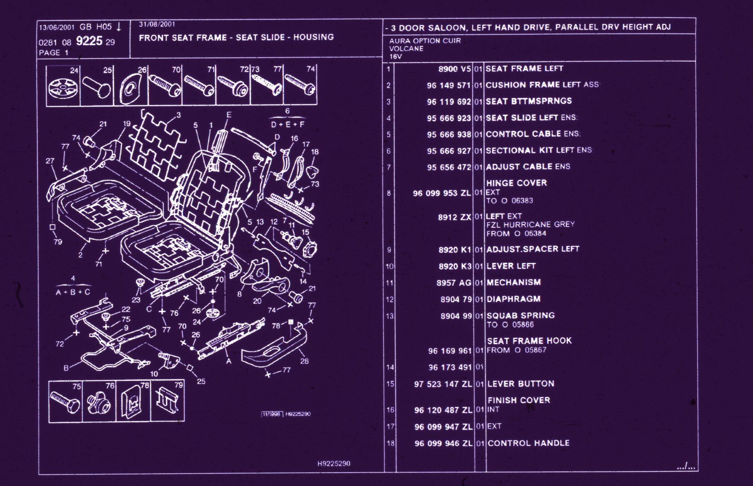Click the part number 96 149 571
click(x=448, y=85)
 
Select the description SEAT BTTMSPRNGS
click(x=528, y=101)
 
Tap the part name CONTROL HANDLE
click(x=528, y=443)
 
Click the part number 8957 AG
click(x=454, y=283)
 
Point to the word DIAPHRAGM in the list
click(x=513, y=299)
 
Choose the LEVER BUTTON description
click(x=520, y=384)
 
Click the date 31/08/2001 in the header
click(x=157, y=24)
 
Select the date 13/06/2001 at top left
click(x=57, y=28)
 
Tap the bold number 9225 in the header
click(x=89, y=41)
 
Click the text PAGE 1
click(x=53, y=53)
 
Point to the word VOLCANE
click(x=406, y=48)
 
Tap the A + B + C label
click(x=73, y=292)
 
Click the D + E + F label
click(x=287, y=124)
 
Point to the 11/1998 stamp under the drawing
click(x=272, y=414)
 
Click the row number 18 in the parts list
click(x=390, y=443)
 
